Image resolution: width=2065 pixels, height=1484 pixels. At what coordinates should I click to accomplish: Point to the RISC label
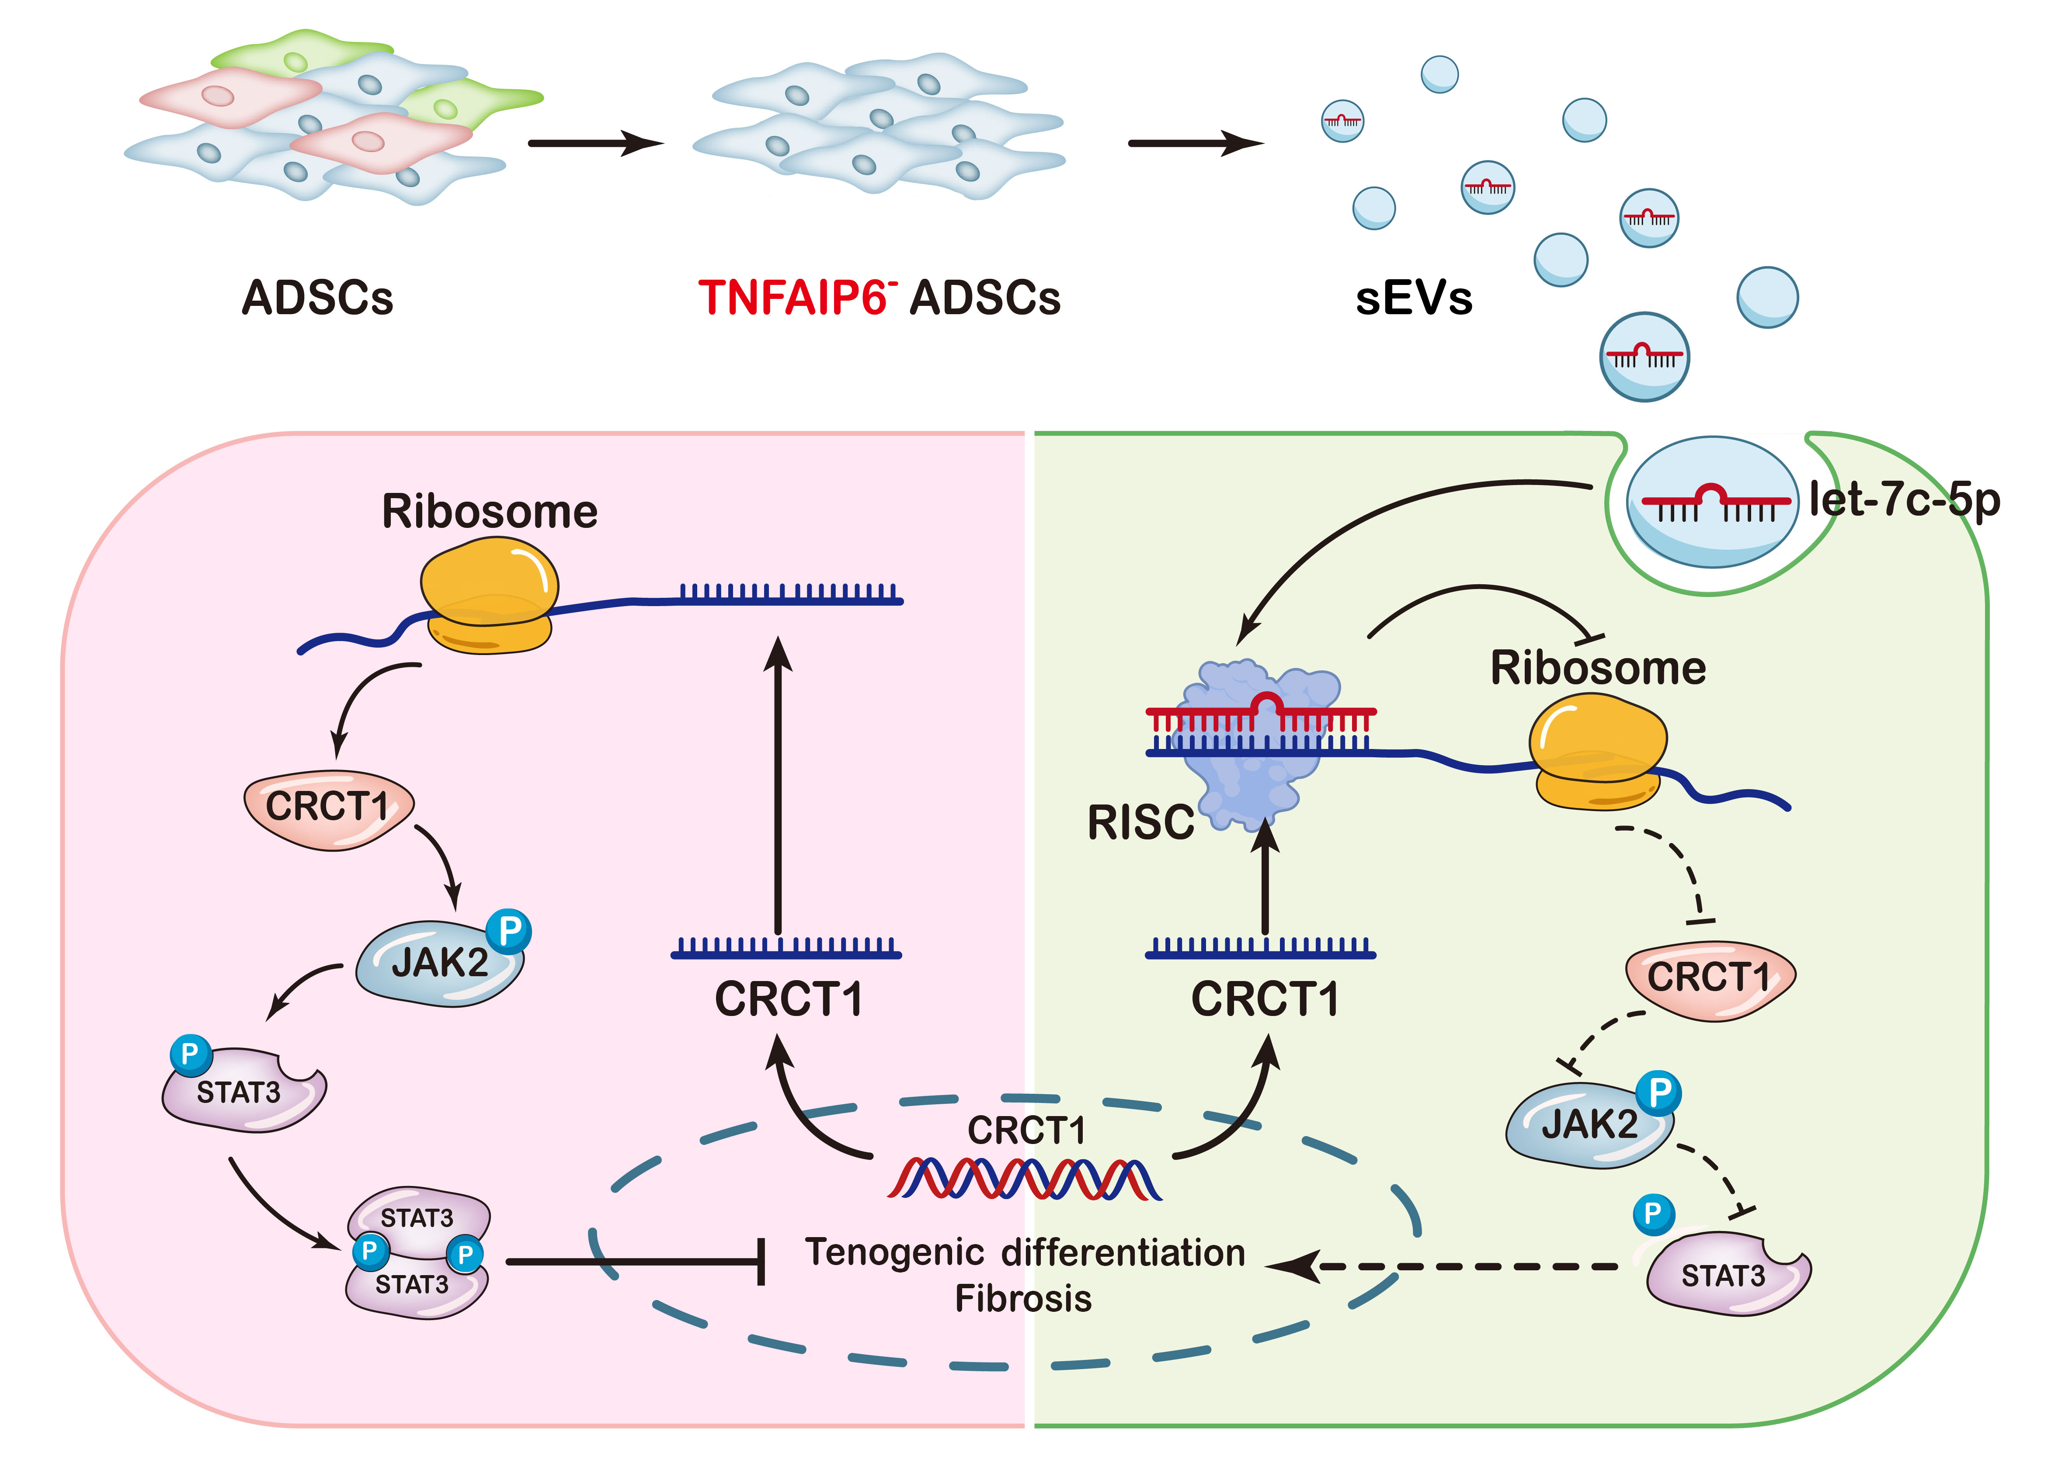[1140, 822]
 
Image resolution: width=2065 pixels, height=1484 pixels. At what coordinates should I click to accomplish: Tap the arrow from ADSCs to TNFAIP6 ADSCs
[594, 143]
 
